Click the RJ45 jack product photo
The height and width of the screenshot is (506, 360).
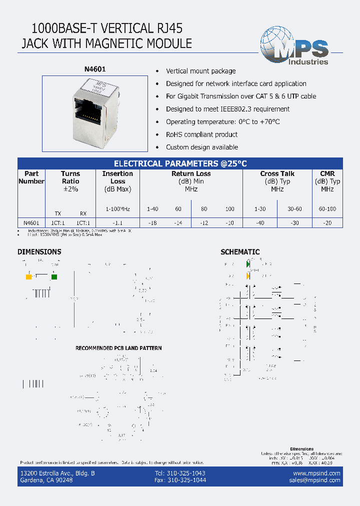click(x=94, y=113)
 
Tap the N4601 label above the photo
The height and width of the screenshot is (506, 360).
click(x=94, y=70)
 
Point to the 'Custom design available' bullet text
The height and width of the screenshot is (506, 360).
click(x=201, y=147)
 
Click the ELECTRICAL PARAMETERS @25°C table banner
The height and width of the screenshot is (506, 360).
click(x=180, y=163)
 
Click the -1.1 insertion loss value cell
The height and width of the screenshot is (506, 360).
click(x=117, y=223)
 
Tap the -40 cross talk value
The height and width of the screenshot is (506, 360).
click(x=260, y=223)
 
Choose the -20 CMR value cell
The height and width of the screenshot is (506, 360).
click(x=328, y=223)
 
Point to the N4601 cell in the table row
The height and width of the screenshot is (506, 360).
click(x=31, y=223)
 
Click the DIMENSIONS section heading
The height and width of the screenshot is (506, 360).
click(x=39, y=252)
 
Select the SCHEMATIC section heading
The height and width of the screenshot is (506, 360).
click(x=240, y=252)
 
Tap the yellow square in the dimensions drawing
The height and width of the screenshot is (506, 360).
click(x=28, y=277)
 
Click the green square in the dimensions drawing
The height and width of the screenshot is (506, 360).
click(x=54, y=277)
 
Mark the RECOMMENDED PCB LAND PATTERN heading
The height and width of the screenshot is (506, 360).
click(x=118, y=348)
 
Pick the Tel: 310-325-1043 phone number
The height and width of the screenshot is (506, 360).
click(x=180, y=473)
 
